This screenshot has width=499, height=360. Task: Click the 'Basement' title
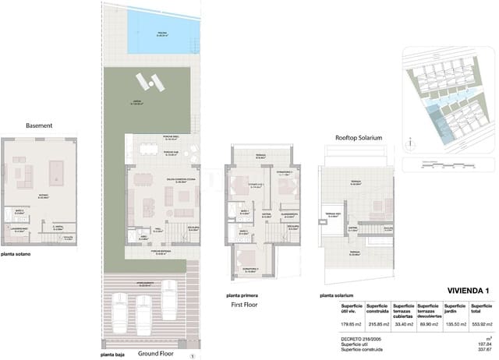point(38,125)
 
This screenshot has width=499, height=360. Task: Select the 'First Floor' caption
point(246,305)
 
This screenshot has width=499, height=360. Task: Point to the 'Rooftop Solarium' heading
point(359,137)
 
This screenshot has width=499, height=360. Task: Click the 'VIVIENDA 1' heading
point(468,291)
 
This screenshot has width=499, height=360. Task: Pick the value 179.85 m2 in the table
point(352,323)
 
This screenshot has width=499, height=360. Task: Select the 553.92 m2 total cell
point(477,323)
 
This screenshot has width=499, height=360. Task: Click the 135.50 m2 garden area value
point(453,323)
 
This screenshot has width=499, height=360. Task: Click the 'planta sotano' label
point(16,254)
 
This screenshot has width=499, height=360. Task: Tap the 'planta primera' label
point(242,295)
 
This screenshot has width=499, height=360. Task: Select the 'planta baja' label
point(114,354)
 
